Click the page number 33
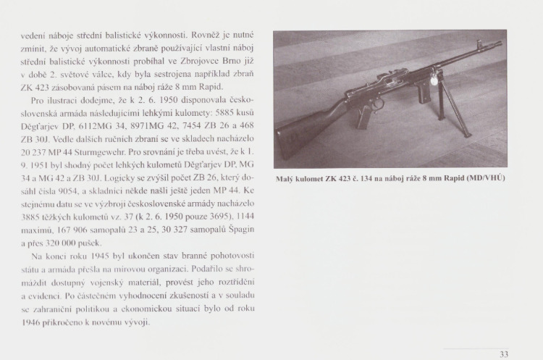point(504,354)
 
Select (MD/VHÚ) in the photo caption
point(484,177)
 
